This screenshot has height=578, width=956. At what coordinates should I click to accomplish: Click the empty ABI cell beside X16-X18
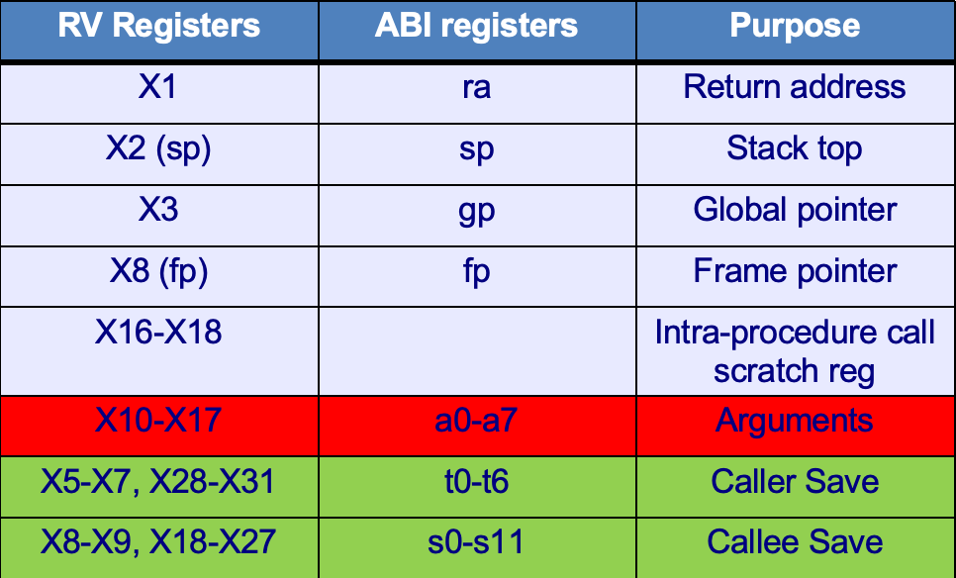[477, 351]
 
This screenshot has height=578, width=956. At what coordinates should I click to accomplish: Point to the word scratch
[763, 371]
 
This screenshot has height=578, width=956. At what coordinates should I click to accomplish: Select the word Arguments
[795, 422]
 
